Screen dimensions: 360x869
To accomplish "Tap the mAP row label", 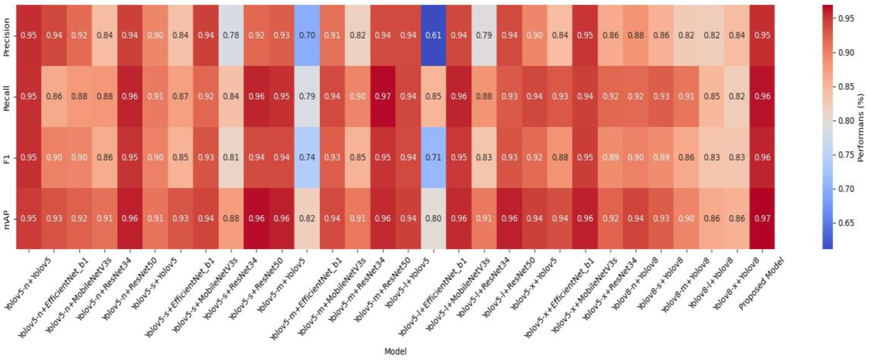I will pos(6,219).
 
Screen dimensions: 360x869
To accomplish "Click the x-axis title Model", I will pos(395,351).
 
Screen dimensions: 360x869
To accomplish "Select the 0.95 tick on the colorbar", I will pos(846,19).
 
